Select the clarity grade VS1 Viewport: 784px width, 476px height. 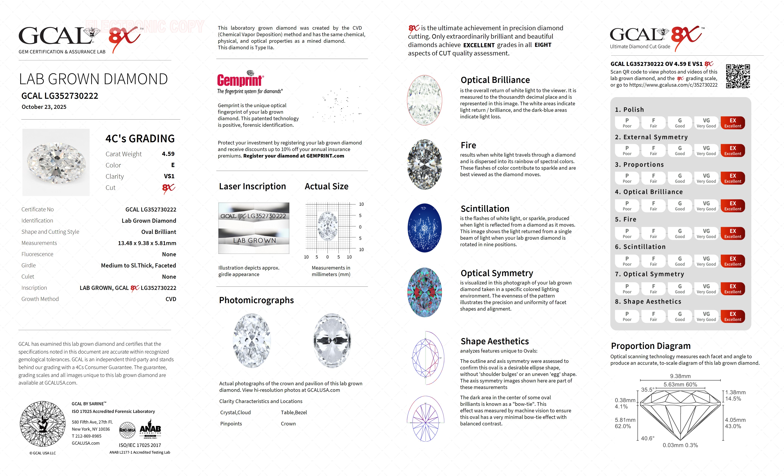pyautogui.click(x=169, y=176)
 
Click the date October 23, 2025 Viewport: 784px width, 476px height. pyautogui.click(x=44, y=107)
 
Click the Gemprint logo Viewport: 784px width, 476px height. pyautogui.click(x=240, y=80)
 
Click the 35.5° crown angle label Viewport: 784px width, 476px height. pyautogui.click(x=648, y=390)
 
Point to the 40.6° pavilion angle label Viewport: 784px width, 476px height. pyautogui.click(x=648, y=438)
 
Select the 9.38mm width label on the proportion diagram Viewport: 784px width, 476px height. pyautogui.click(x=680, y=376)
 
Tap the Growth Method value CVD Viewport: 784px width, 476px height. pyautogui.click(x=171, y=299)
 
